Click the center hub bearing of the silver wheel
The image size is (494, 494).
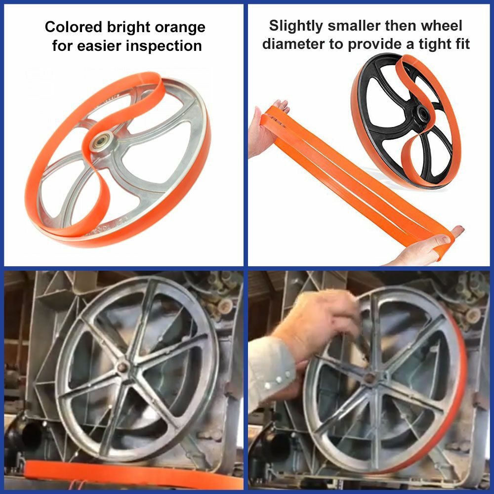click(102, 143)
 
